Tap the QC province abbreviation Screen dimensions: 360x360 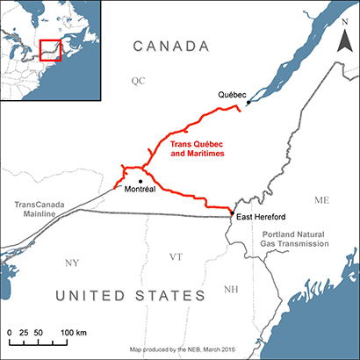tap(137, 80)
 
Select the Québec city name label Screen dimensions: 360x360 tap(232, 92)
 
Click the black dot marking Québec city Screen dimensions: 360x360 tap(248, 103)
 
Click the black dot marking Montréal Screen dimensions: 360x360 tap(140, 181)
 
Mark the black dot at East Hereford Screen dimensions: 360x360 tap(231, 212)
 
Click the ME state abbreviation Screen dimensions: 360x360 tap(321, 201)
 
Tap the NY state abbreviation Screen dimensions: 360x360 tap(72, 263)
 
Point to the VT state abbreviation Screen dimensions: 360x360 tap(176, 257)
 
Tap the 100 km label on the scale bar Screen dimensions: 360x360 tap(74, 334)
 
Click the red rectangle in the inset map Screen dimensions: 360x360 tap(50, 49)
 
